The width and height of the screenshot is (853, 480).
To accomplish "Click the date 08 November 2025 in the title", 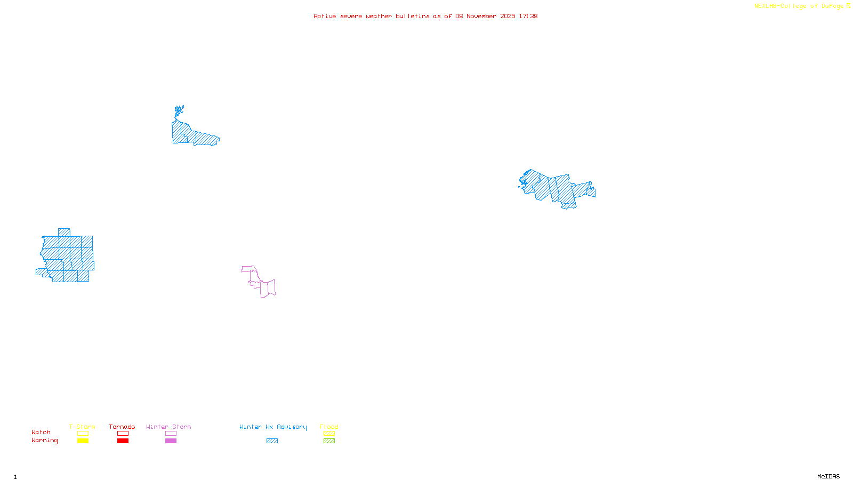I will (485, 16).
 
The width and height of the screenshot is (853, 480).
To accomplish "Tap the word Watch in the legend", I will (41, 432).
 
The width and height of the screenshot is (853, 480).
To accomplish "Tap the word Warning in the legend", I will (45, 441).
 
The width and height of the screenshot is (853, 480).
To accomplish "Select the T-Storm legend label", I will (82, 427).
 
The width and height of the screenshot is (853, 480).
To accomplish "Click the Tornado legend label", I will (122, 427).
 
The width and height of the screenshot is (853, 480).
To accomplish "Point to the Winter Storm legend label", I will (168, 427).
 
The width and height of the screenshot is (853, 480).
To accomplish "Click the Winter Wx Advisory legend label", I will (273, 427).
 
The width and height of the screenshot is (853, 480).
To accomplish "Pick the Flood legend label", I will (329, 427).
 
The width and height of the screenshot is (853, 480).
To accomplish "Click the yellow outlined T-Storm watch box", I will (83, 434).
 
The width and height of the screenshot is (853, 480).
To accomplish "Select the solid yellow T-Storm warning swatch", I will (83, 441).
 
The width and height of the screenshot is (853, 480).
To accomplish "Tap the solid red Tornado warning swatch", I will (123, 441).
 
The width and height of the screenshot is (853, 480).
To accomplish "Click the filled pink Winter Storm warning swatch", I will (171, 441).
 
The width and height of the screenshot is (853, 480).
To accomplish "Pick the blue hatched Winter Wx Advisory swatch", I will (272, 441).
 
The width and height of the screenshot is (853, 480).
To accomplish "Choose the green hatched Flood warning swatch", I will (329, 441).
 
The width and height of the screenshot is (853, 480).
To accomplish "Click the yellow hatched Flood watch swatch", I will (329, 434).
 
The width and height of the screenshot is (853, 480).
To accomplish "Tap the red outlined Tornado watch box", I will (123, 434).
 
